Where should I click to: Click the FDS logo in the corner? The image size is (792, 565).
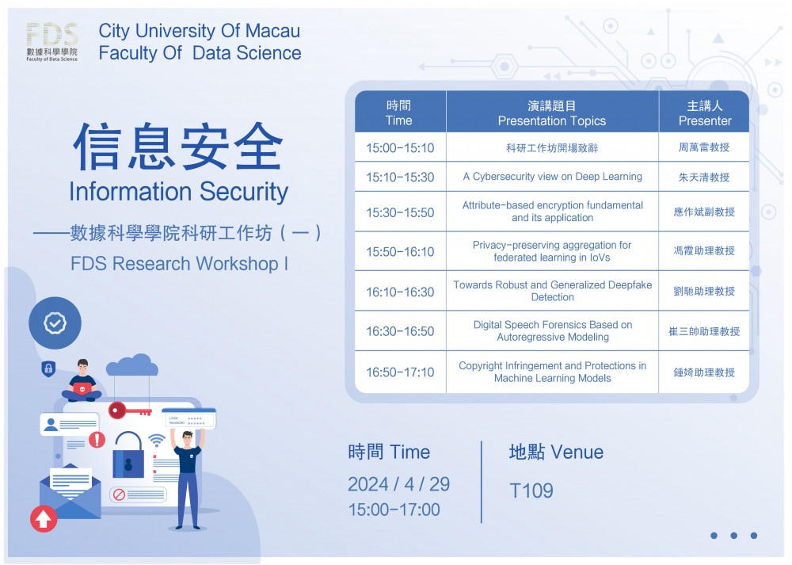pos(52,42)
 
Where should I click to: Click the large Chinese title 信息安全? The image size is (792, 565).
pos(177,146)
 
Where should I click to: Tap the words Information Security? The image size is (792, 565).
pos(178,192)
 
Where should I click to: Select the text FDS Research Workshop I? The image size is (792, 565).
pos(179,263)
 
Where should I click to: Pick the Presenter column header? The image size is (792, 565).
pos(705,113)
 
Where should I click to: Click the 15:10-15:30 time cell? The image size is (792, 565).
pos(400,177)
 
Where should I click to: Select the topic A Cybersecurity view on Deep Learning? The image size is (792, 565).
pos(553,177)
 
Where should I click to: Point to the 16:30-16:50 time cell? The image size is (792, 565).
pos(400,331)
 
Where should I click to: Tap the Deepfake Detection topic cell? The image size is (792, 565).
pos(553,291)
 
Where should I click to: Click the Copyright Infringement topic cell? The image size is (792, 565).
pos(553,372)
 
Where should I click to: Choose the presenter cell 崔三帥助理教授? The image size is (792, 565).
pos(704,331)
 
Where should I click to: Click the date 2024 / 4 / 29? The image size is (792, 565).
pos(398,484)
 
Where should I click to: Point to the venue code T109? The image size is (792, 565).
pos(531,491)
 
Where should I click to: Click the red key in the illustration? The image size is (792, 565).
pos(129,410)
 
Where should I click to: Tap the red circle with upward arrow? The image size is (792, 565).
pos(44,518)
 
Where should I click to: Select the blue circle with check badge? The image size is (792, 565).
pos(55,323)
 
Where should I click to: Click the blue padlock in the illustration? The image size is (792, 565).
pos(128,455)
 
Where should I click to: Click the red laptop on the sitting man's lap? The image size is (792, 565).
pos(82,388)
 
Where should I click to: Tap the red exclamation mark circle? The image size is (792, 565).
pos(97,440)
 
